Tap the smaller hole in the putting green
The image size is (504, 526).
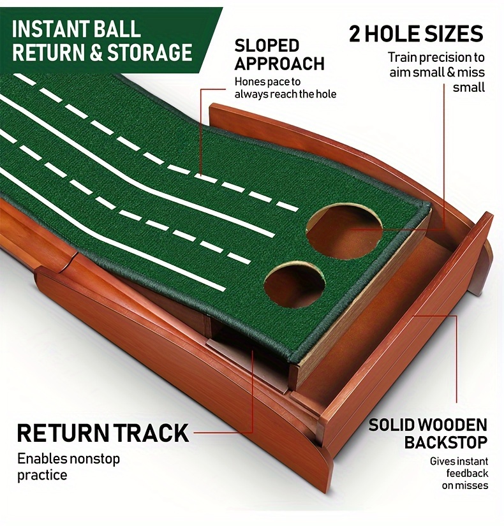[295, 284]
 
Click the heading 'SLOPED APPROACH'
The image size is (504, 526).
[279, 55]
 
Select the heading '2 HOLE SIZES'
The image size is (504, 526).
[416, 34]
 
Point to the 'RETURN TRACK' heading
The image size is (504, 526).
[103, 433]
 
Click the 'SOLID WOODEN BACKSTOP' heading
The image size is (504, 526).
[428, 434]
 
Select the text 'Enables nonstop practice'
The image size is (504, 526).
[68, 467]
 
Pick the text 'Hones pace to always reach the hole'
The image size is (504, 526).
[285, 88]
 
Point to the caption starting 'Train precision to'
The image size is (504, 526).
[437, 72]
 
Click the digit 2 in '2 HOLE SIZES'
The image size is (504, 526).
[354, 34]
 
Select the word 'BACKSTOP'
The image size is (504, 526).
[445, 442]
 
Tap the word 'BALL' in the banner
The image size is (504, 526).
[117, 29]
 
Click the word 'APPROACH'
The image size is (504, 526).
[279, 64]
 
